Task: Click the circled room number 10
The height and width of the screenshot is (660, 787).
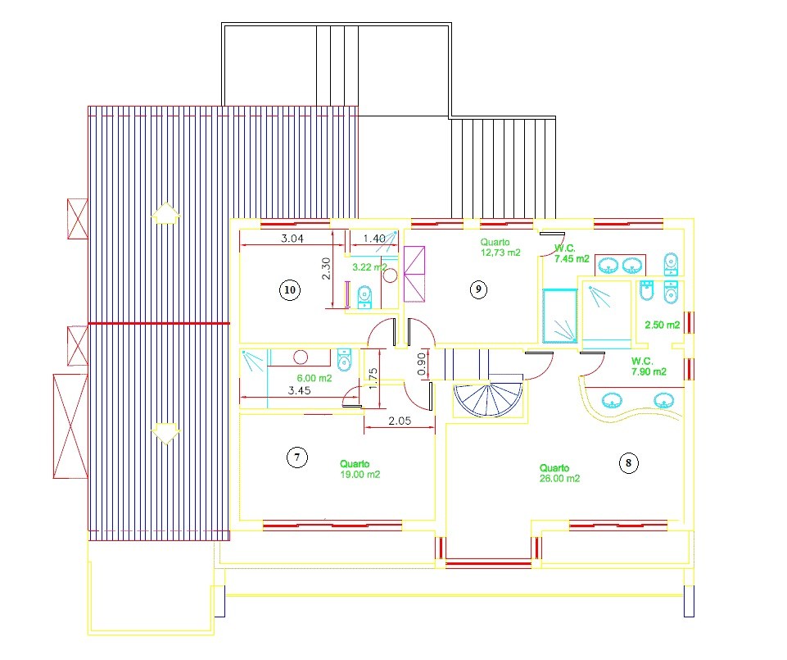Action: pyautogui.click(x=290, y=290)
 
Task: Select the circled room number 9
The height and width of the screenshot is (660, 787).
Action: pyautogui.click(x=478, y=289)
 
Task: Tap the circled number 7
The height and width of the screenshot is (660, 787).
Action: pyautogui.click(x=297, y=457)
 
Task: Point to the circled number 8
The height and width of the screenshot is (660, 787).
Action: pyautogui.click(x=628, y=462)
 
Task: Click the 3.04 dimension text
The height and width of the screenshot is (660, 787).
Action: pyautogui.click(x=292, y=239)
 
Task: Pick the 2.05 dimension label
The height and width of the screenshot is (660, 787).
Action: pyautogui.click(x=400, y=421)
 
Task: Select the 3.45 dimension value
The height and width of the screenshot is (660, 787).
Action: pyautogui.click(x=299, y=390)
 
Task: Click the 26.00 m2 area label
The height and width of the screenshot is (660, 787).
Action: pyautogui.click(x=559, y=479)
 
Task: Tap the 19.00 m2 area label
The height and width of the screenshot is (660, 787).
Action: pyautogui.click(x=360, y=474)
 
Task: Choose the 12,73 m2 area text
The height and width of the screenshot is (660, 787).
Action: pyautogui.click(x=500, y=253)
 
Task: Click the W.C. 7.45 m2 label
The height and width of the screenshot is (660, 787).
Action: pyautogui.click(x=572, y=254)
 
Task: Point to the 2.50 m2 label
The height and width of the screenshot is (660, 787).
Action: pyautogui.click(x=663, y=325)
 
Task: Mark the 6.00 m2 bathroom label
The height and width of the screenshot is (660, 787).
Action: pyautogui.click(x=314, y=378)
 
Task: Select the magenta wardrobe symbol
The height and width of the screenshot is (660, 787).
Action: pyautogui.click(x=414, y=274)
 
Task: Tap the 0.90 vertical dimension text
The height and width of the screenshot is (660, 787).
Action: pyautogui.click(x=422, y=363)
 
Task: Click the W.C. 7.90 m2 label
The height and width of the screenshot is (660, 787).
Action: pyautogui.click(x=649, y=366)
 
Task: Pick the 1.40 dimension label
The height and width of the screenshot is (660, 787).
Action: pyautogui.click(x=374, y=239)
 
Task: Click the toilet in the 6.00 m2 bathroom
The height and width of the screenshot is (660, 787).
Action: pyautogui.click(x=344, y=359)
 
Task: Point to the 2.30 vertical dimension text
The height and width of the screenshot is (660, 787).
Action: pyautogui.click(x=326, y=269)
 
